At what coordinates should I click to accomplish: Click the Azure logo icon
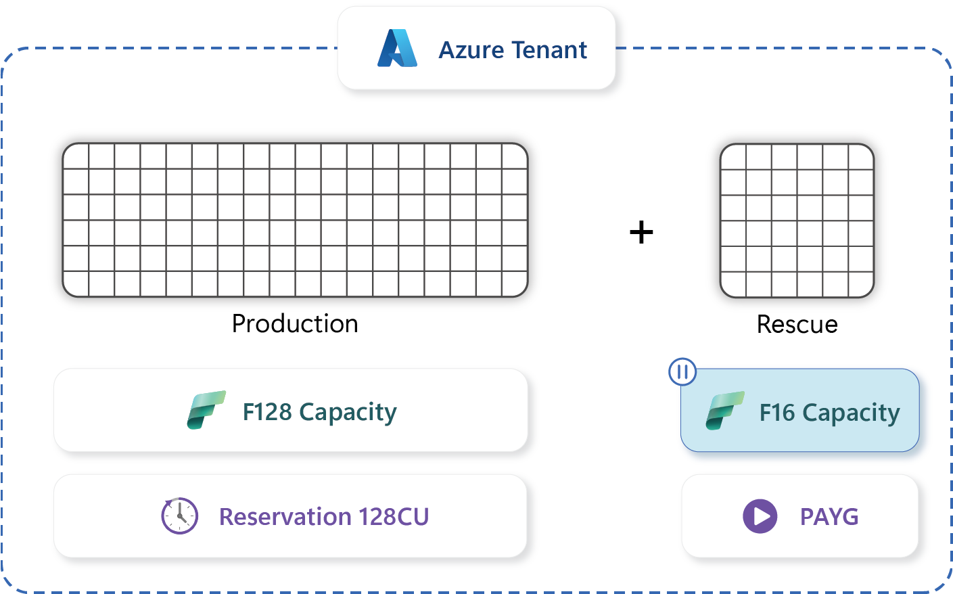point(397,49)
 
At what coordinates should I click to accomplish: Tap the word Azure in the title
point(471,50)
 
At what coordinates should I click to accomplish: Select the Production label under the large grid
point(295,324)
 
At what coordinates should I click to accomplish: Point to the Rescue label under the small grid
point(797,325)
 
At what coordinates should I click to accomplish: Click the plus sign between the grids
point(641,233)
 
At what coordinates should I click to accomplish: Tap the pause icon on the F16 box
point(682,371)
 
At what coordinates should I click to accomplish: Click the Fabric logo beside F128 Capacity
point(206,410)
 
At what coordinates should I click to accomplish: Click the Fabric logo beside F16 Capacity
point(724,411)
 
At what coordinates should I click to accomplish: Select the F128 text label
point(267,412)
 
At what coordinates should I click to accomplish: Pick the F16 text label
point(777,413)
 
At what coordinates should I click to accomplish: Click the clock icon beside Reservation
point(179,516)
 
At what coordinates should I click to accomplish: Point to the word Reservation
point(285,517)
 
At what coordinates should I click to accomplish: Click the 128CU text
point(394,517)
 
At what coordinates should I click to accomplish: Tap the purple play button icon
point(760,516)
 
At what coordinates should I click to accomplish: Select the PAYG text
point(829,517)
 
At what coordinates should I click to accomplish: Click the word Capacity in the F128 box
point(348,412)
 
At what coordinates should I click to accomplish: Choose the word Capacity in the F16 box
point(851,413)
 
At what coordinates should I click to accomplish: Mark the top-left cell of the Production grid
point(76,156)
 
